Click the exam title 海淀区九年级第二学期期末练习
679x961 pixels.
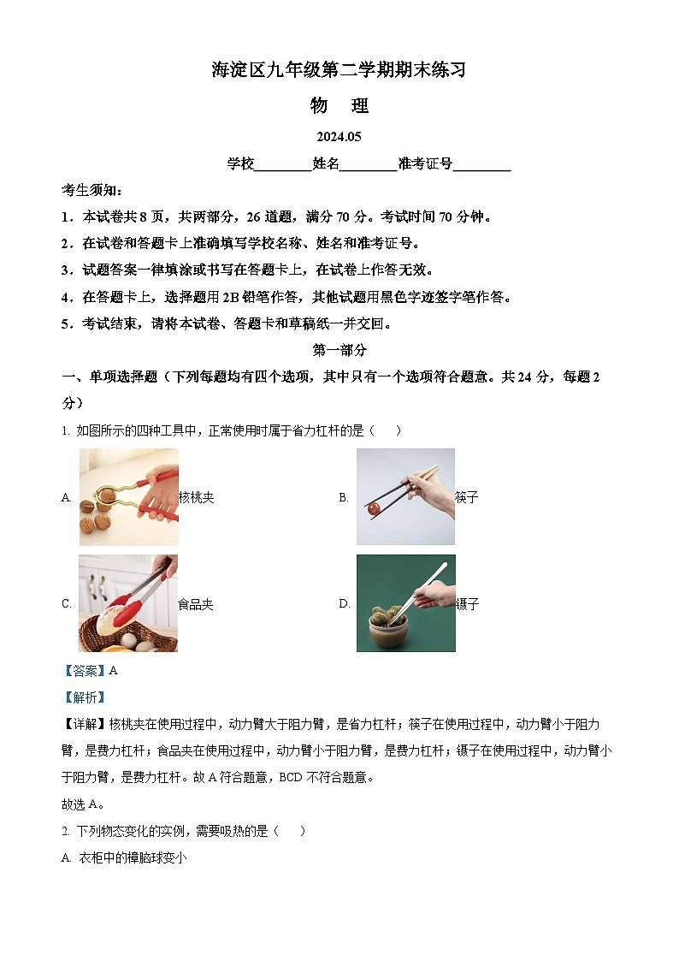[339, 70]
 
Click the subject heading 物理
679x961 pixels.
[339, 106]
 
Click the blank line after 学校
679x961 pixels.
[283, 165]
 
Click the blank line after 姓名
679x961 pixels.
[369, 165]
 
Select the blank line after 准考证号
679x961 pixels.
[481, 165]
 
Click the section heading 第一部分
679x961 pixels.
[339, 350]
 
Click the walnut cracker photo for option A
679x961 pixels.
[128, 496]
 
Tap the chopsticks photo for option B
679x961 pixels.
[405, 496]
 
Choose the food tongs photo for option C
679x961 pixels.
[128, 603]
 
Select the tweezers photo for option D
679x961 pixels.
[405, 603]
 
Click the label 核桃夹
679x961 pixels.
[196, 497]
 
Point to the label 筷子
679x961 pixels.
[467, 497]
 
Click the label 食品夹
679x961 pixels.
[196, 604]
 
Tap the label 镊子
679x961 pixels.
[467, 604]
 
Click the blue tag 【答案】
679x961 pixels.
[84, 671]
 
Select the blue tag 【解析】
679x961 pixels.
[84, 697]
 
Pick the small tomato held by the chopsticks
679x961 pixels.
[374, 508]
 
